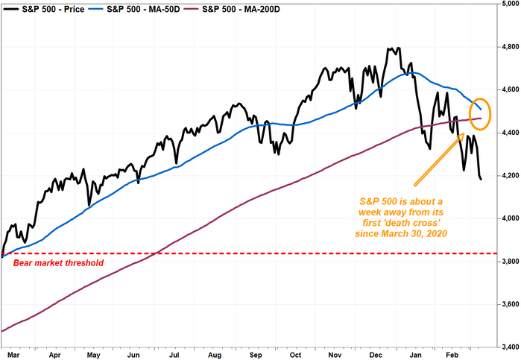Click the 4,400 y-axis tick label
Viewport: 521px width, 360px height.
(x=508, y=133)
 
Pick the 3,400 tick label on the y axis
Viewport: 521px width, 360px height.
(x=508, y=347)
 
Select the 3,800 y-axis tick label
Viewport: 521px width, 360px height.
(x=508, y=262)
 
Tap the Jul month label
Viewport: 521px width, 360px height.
(x=175, y=355)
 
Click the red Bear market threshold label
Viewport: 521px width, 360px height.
(x=47, y=264)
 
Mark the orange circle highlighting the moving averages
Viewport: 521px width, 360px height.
(x=481, y=113)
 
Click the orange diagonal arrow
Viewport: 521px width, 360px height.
(x=440, y=159)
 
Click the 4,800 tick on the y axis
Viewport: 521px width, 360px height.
(x=508, y=47)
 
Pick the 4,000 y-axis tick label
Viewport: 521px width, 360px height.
(x=508, y=218)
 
